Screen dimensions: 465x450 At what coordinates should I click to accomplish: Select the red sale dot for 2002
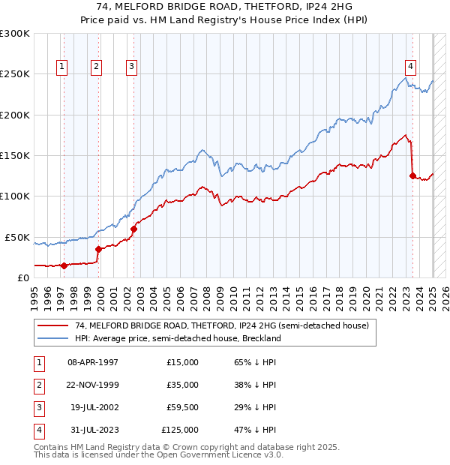pos(133,229)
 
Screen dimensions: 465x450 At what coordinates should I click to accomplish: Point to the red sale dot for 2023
pos(412,175)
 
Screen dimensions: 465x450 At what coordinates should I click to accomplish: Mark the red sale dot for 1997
pos(64,265)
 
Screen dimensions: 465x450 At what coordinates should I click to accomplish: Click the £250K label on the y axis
pos(15,74)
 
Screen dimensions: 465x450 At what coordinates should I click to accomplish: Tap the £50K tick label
pos(17,237)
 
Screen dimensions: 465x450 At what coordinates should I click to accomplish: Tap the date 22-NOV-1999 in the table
pos(93,385)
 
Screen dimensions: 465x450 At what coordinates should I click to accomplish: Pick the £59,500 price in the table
pos(180,407)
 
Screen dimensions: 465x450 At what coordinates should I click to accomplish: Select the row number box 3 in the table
pos(37,407)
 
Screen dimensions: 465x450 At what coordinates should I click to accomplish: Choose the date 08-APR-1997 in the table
pos(93,362)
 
